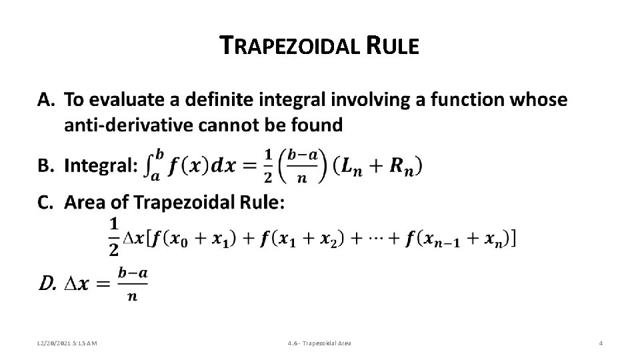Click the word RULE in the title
point(393,47)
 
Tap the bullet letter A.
point(45,101)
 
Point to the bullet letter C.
point(45,202)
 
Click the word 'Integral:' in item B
point(101,165)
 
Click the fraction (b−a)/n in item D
point(132,283)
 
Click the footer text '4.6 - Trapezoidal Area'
point(319,343)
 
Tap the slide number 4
point(601,343)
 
